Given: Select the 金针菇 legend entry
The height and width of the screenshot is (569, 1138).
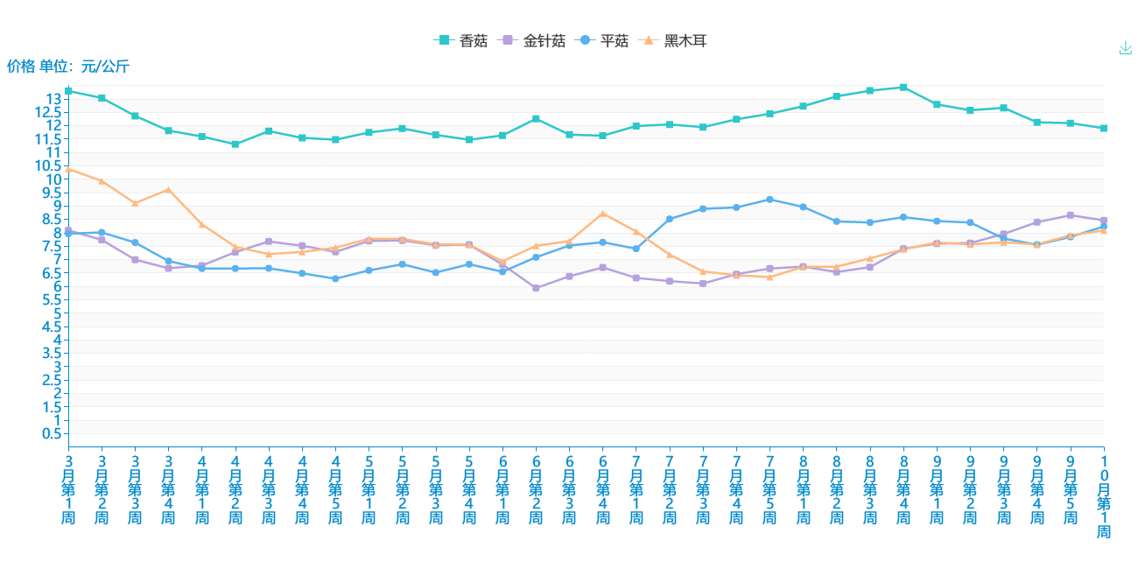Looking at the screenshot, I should click(x=533, y=40).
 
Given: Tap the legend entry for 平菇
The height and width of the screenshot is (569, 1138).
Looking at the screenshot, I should click(x=603, y=40).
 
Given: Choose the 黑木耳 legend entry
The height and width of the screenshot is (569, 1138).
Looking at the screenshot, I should click(x=674, y=40).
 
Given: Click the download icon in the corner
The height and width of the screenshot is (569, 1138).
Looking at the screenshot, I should click(x=1126, y=48).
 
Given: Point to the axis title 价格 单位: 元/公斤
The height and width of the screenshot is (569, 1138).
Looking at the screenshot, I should click(x=68, y=66).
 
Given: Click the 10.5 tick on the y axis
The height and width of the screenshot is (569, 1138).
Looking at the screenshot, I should click(x=50, y=166).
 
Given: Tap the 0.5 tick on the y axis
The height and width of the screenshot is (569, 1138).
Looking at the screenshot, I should click(x=54, y=434).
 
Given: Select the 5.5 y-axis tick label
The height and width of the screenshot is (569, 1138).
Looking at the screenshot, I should click(x=54, y=300).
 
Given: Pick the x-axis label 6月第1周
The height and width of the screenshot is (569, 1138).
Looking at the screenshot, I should click(x=502, y=489).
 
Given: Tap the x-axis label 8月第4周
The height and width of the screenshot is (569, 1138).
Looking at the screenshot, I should click(x=903, y=489).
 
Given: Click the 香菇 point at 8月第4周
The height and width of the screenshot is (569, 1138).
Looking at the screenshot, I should click(x=903, y=88).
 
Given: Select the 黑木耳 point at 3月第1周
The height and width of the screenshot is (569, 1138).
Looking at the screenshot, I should click(x=68, y=169).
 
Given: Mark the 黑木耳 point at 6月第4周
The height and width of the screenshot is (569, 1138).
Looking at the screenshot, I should click(x=603, y=214).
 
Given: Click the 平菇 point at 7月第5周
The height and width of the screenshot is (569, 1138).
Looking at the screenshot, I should click(x=769, y=200).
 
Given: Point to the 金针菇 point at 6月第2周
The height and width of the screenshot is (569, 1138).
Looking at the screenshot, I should click(x=536, y=288).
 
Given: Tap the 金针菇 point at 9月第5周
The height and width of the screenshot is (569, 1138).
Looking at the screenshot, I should click(x=1071, y=215).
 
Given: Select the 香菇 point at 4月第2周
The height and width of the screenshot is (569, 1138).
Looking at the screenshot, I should click(x=235, y=144).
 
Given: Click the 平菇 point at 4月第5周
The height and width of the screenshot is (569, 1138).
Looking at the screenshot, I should click(x=335, y=278).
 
